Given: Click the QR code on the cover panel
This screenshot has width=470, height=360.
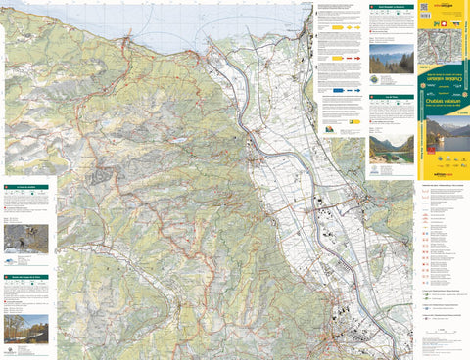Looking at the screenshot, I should [x=424, y=9].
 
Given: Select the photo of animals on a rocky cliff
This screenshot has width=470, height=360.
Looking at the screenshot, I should [x=25, y=239].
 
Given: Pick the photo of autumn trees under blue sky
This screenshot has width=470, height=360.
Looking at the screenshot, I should [x=25, y=328].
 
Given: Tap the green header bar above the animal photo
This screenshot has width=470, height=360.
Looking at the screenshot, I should [x=25, y=187].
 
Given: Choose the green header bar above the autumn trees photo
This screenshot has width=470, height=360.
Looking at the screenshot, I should [x=25, y=279].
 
